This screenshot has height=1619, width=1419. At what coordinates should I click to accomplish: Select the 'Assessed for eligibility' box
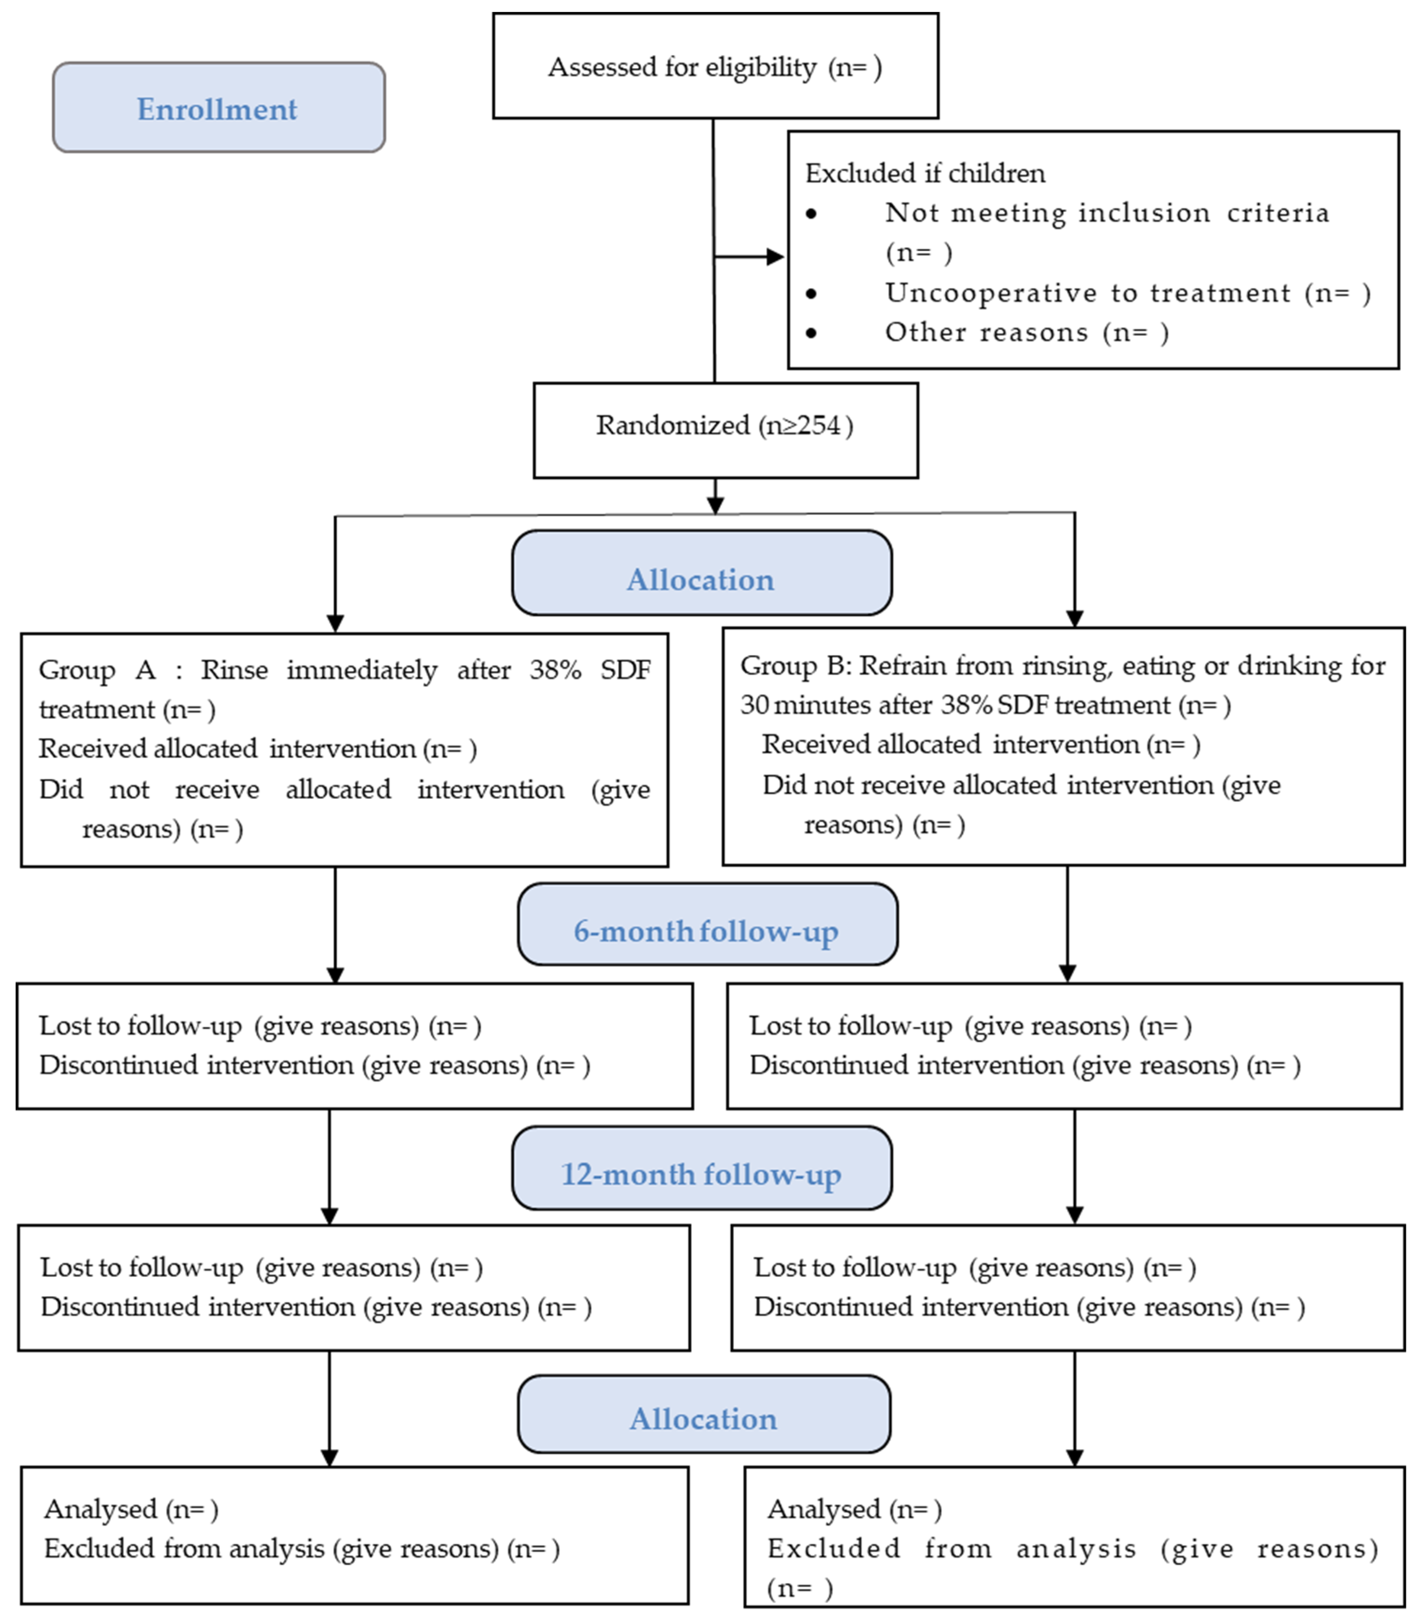pyautogui.click(x=715, y=66)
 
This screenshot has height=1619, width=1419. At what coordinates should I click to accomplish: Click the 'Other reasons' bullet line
pyautogui.click(x=986, y=332)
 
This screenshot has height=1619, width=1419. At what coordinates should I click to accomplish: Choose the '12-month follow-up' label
pyautogui.click(x=701, y=1174)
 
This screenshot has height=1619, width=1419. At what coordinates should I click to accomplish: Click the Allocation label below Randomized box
pyautogui.click(x=701, y=579)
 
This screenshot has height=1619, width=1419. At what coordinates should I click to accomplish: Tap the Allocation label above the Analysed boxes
pyautogui.click(x=703, y=1419)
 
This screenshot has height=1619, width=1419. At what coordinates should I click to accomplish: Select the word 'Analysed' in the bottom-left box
pyautogui.click(x=101, y=1509)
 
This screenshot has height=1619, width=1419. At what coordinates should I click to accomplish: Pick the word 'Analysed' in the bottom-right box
pyautogui.click(x=824, y=1509)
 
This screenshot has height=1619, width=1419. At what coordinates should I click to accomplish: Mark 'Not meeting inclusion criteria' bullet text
pyautogui.click(x=1106, y=213)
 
